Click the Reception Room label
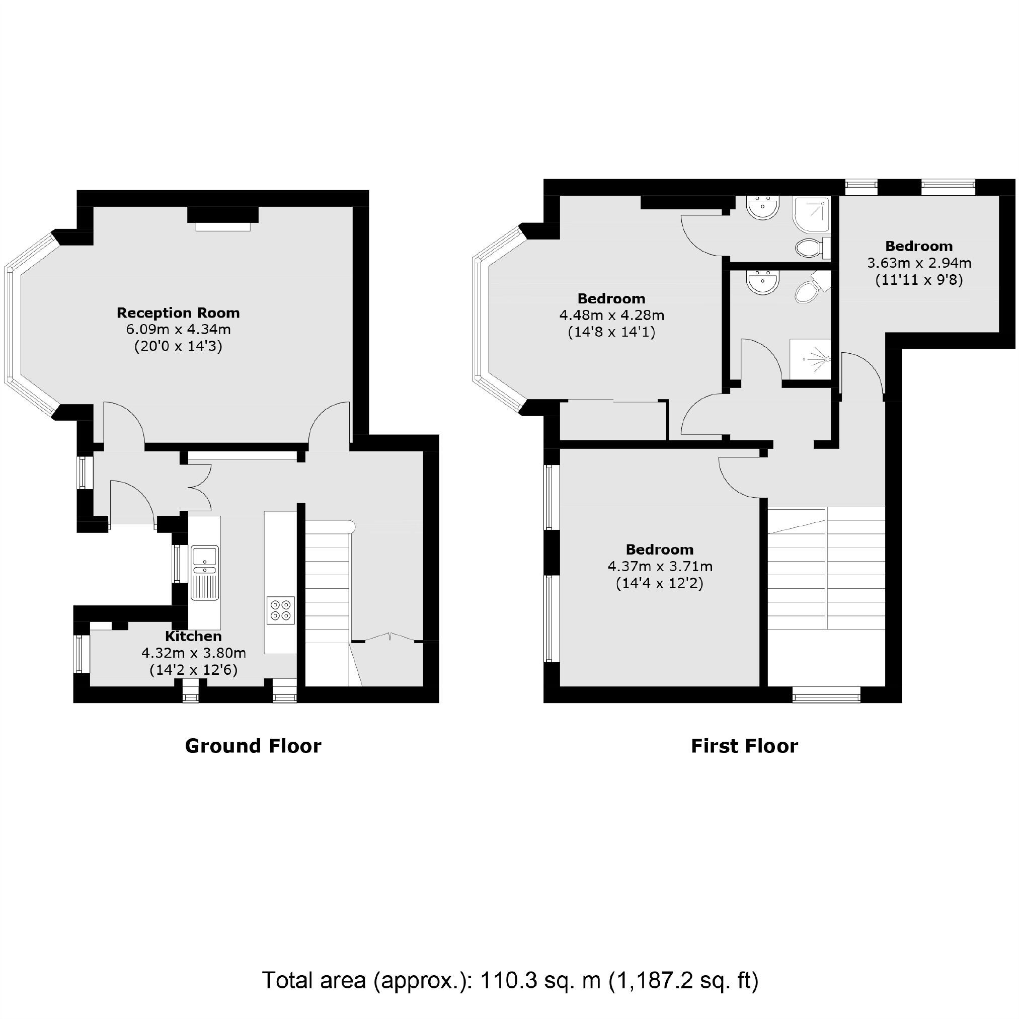pyautogui.click(x=178, y=313)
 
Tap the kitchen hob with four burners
pyautogui.click(x=281, y=610)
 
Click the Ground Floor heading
pyautogui.click(x=253, y=746)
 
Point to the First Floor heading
pyautogui.click(x=744, y=746)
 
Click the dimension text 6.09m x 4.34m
pyautogui.click(x=178, y=330)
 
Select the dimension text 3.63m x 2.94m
pyautogui.click(x=919, y=263)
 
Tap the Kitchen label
pyautogui.click(x=193, y=636)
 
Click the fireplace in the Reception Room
pyautogui.click(x=222, y=217)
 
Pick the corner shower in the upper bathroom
pyautogui.click(x=812, y=213)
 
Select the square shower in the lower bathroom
pyautogui.click(x=810, y=359)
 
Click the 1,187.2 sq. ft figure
pyautogui.click(x=683, y=980)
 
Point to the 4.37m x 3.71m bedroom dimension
pyautogui.click(x=659, y=567)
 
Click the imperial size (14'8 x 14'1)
pyautogui.click(x=611, y=332)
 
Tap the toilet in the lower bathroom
pyautogui.click(x=807, y=290)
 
